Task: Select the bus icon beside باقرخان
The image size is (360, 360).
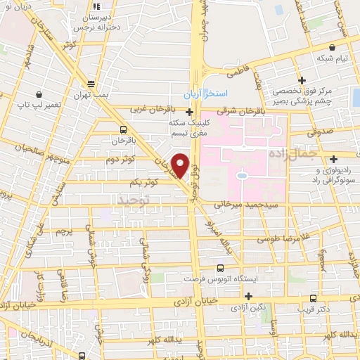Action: coord(124,129)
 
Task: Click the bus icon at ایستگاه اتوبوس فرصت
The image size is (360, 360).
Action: coord(220,268)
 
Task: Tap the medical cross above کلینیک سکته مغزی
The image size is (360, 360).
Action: coord(189,112)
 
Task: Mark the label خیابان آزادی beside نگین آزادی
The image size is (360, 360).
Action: coord(218,301)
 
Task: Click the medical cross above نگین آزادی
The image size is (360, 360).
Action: coord(247,297)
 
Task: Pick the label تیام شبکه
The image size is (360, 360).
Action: coord(333,58)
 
